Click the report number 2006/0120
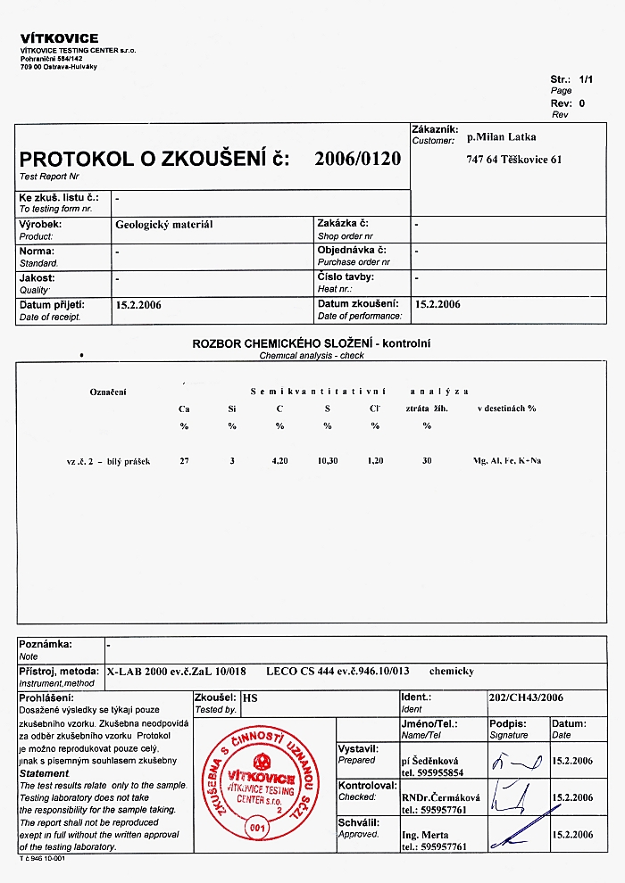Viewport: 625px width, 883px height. tap(357, 160)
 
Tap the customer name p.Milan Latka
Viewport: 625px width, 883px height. tap(502, 137)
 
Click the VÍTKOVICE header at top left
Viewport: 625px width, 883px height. tap(59, 38)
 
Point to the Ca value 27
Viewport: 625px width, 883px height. tap(185, 461)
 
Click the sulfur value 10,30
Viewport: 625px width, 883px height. tap(327, 461)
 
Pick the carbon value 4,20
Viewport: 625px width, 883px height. tap(279, 461)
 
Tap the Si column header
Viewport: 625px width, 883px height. tap(232, 408)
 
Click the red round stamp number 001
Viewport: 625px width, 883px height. tap(256, 827)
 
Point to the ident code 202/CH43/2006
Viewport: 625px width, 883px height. tap(527, 697)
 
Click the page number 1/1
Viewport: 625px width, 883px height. tap(586, 79)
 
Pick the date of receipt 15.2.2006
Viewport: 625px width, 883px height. tap(138, 304)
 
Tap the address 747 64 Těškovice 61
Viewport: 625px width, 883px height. tap(513, 161)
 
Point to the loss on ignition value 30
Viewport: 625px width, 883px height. tap(427, 461)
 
